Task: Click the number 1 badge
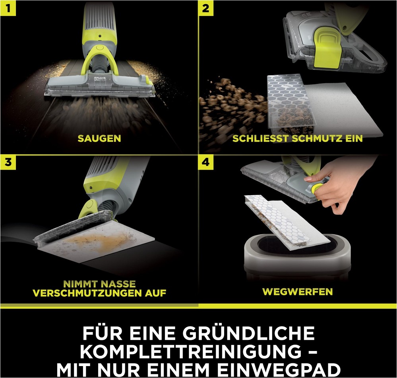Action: [8, 8]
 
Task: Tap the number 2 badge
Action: [206, 8]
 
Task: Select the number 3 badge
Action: [8, 162]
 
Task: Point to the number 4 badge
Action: [206, 162]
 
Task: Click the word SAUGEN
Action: [99, 138]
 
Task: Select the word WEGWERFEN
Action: [298, 292]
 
